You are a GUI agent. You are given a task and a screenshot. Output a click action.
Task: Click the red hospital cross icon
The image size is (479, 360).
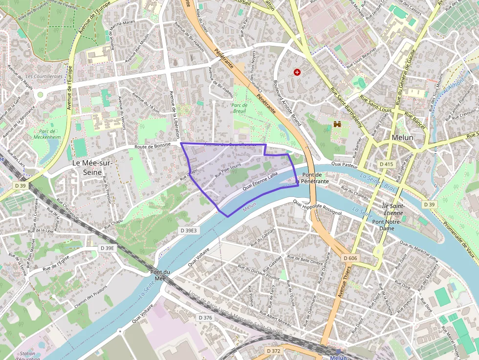click(297, 72)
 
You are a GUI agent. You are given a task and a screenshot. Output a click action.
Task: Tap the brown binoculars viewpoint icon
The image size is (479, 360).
click(337, 125)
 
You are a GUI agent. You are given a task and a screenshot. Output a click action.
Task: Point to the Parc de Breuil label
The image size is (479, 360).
click(239, 108)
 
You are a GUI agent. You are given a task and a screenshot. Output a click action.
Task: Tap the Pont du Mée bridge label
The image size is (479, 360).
click(160, 275)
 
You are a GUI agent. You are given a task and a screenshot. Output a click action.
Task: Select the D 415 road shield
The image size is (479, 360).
click(386, 164)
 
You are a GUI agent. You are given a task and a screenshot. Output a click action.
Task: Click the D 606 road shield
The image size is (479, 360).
click(350, 258)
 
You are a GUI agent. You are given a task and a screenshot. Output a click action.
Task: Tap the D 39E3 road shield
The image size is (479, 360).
click(188, 230)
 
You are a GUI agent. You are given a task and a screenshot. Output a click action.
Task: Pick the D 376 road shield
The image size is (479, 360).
click(206, 318)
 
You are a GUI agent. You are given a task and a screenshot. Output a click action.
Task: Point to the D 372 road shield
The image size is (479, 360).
click(274, 351)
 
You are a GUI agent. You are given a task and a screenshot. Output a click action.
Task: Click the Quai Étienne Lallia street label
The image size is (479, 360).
click(260, 181)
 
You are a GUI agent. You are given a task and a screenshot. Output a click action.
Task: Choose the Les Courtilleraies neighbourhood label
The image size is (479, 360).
click(44, 77)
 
